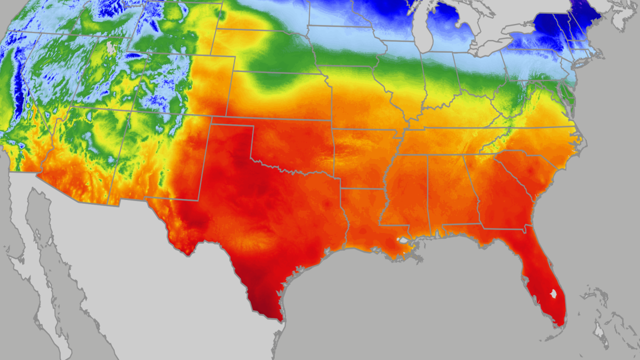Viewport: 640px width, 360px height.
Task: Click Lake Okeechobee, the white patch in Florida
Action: tap(553, 294)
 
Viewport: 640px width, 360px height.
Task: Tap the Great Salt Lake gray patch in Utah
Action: tap(110, 48)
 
